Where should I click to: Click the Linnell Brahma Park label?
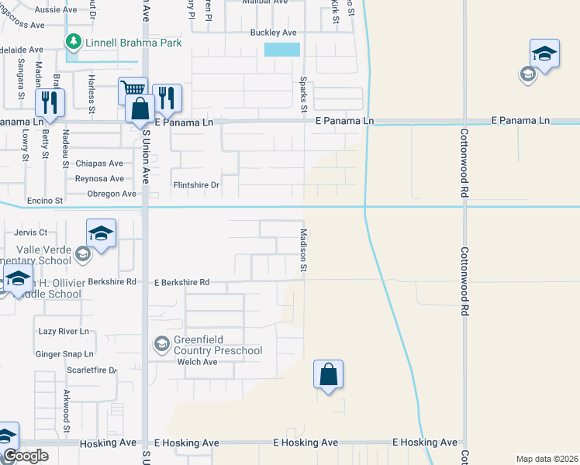click(133, 43)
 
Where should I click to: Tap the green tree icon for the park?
click(74, 42)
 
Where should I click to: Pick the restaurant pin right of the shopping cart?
click(167, 97)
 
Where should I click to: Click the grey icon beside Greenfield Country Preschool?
click(161, 343)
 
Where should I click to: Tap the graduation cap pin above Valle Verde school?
click(101, 232)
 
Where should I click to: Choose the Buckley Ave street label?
click(274, 33)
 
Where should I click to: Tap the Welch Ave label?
click(197, 362)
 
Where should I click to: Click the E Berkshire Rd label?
click(182, 283)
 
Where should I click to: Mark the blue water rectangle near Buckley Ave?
click(281, 50)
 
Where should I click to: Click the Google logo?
click(25, 456)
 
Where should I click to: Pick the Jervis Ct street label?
click(31, 232)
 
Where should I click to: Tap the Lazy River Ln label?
click(64, 331)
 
